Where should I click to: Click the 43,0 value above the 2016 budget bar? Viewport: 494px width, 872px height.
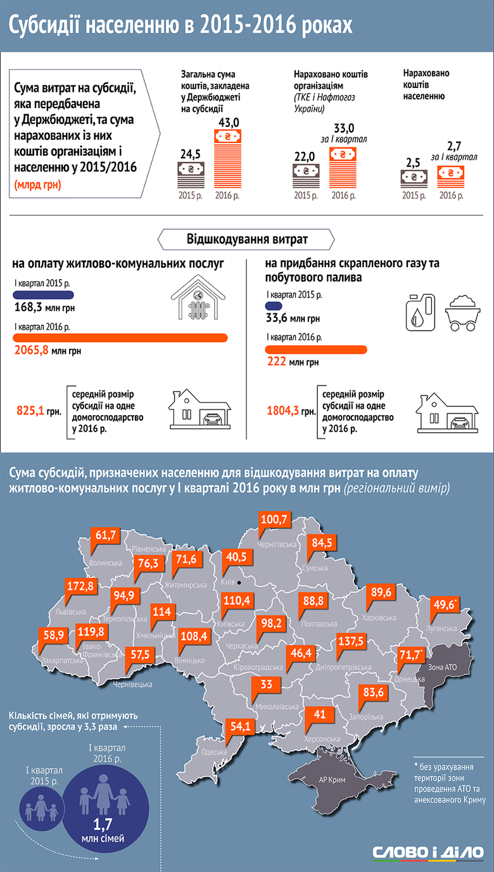[x=228, y=121]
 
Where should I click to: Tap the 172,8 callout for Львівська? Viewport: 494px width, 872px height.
[x=80, y=586]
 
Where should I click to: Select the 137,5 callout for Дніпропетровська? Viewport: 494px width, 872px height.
[x=351, y=640]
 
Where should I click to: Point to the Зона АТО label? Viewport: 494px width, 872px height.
[x=442, y=668]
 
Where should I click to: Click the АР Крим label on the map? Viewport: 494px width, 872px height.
[x=332, y=780]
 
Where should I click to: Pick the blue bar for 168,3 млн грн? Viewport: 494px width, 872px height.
[x=42, y=295]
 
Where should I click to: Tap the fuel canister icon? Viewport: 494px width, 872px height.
[x=420, y=311]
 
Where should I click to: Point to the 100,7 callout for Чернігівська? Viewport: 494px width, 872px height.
[x=274, y=520]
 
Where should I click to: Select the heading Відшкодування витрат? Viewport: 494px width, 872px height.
[x=247, y=240]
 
